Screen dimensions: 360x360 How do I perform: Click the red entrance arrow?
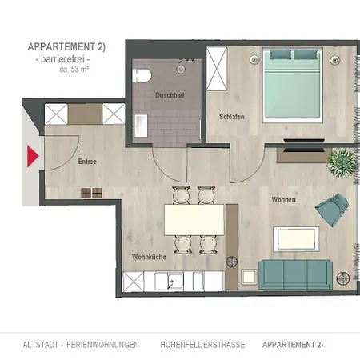(32, 156)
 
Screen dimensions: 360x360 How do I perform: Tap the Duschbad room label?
(170, 95)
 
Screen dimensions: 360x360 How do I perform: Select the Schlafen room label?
(231, 117)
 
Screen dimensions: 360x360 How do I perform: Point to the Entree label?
(87, 162)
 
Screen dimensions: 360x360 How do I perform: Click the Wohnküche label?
(149, 257)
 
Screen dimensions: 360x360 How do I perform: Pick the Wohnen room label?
(283, 199)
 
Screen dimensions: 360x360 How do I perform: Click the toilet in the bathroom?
(142, 76)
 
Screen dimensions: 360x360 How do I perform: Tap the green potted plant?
(342, 162)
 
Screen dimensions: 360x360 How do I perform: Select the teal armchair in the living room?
(332, 210)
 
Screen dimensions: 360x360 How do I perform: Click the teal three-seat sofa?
(295, 274)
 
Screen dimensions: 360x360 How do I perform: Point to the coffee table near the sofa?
(296, 239)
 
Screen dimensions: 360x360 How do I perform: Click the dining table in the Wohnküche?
(194, 220)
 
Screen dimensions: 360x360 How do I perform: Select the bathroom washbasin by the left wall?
(141, 126)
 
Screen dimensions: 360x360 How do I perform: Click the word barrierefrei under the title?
(62, 59)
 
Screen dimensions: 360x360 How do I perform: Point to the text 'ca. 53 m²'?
(74, 70)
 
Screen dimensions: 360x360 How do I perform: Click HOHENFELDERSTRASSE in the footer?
(202, 345)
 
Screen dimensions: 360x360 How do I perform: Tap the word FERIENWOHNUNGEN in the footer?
(102, 345)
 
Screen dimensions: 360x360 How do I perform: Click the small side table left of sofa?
(250, 277)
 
